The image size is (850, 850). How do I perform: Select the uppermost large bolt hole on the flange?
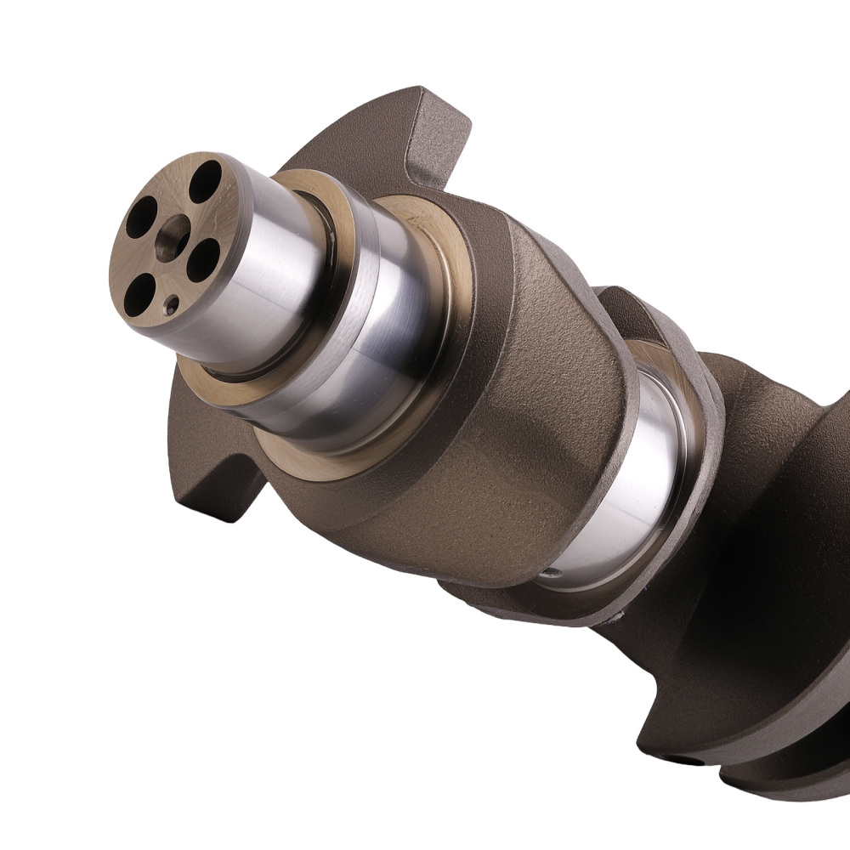point(205,180)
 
